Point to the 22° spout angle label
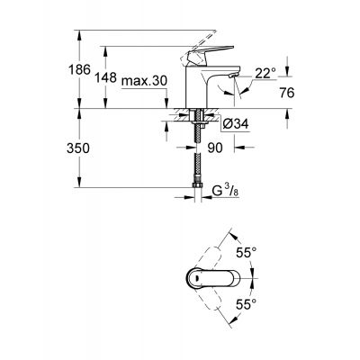263,72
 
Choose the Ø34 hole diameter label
231,124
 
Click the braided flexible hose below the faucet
196,162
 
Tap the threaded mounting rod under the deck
196,124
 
